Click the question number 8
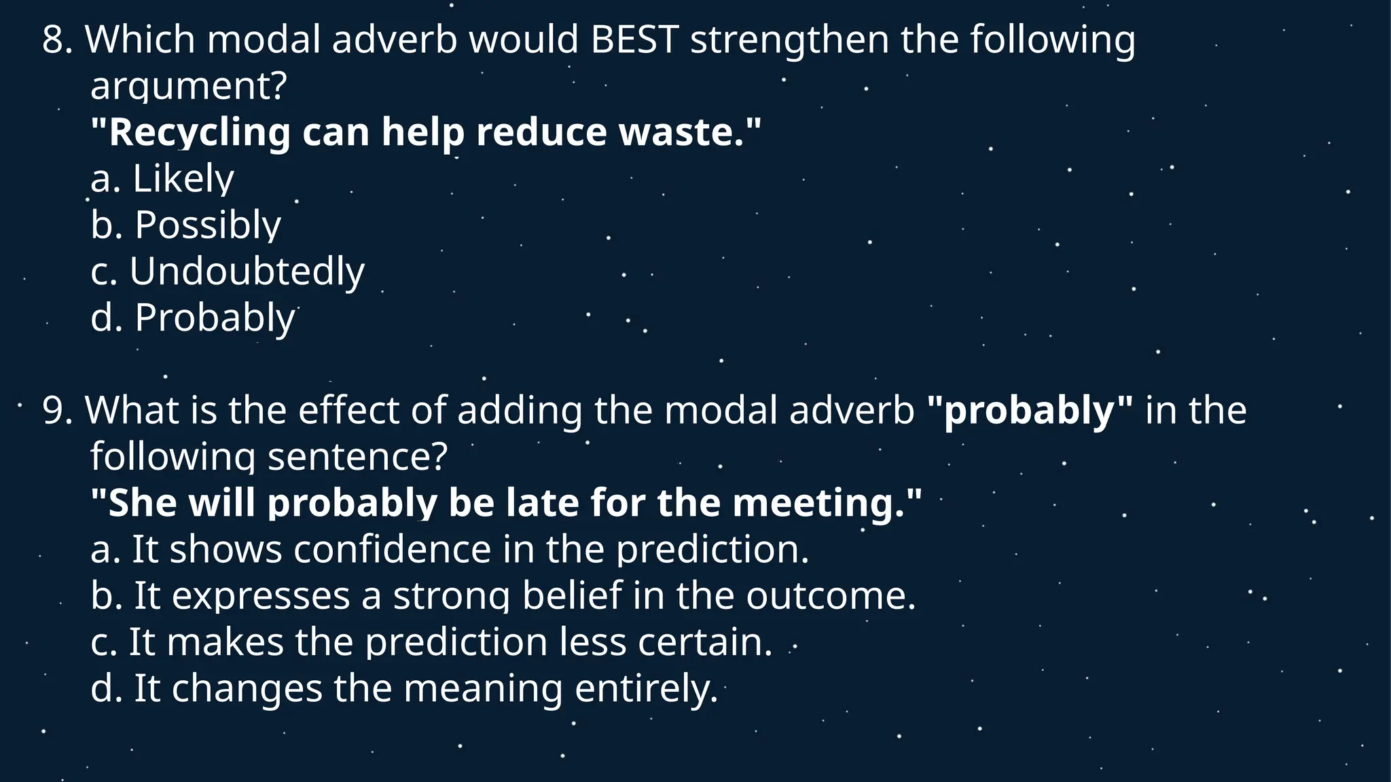57,40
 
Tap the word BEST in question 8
634,40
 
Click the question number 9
57,411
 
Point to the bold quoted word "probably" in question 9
1030,411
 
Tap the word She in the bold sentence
142,504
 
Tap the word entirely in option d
645,688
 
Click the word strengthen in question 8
789,40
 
